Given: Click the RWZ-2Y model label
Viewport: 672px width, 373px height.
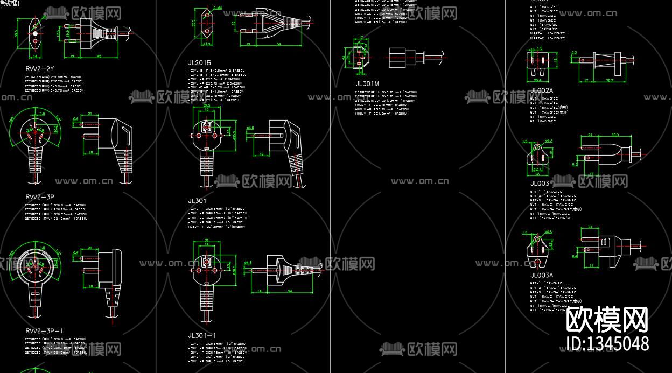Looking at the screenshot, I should (x=40, y=69).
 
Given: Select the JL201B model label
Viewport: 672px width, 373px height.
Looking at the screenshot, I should (x=199, y=63).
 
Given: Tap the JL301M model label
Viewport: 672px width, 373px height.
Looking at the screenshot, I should (x=367, y=83).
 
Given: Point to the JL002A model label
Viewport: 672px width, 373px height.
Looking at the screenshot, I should (x=542, y=90).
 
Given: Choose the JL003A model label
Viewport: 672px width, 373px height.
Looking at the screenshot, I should (x=542, y=275).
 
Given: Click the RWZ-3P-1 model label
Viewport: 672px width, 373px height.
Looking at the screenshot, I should (x=44, y=330).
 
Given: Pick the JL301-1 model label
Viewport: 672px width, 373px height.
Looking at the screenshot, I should (x=202, y=335).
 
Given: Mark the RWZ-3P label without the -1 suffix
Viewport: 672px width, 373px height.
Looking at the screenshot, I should (x=40, y=197).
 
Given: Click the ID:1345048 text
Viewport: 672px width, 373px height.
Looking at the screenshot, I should (x=608, y=343).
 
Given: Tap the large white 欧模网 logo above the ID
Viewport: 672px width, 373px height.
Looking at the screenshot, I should (x=607, y=320).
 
